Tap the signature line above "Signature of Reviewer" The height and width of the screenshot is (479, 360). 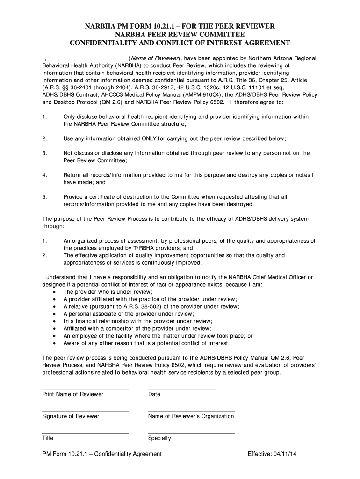pyautogui.click(x=85, y=411)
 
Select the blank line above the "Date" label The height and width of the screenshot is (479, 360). pyautogui.click(x=181, y=389)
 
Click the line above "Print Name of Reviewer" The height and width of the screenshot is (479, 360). pyautogui.click(x=85, y=389)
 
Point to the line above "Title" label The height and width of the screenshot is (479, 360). pyautogui.click(x=85, y=433)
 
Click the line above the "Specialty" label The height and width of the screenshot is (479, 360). pyautogui.click(x=191, y=433)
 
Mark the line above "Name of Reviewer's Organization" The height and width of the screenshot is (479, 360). pyautogui.click(x=191, y=411)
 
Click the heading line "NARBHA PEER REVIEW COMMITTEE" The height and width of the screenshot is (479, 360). pyautogui.click(x=180, y=35)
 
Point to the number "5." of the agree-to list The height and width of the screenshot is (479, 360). pyautogui.click(x=45, y=197)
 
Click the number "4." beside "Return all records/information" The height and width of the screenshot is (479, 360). pyautogui.click(x=45, y=175)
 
